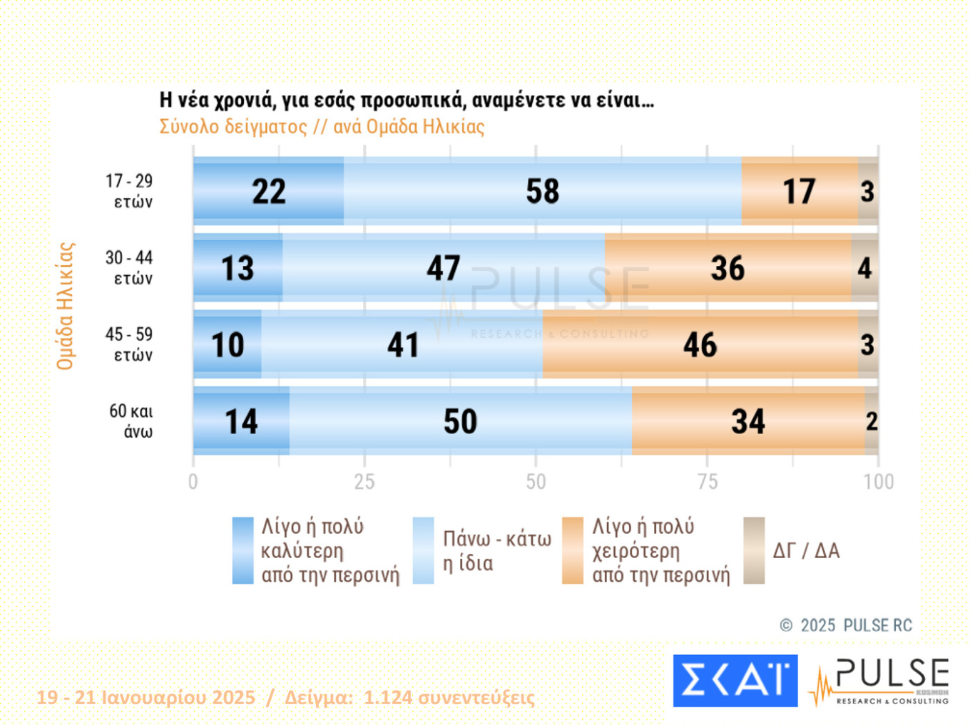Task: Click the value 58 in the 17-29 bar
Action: click(x=543, y=191)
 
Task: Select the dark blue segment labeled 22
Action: click(x=268, y=191)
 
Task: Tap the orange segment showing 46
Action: click(x=700, y=345)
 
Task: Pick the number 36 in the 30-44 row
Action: click(x=727, y=268)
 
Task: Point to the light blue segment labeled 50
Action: click(x=460, y=421)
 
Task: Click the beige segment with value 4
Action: click(x=864, y=268)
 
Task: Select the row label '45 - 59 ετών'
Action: click(x=129, y=344)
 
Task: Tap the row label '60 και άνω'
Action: click(x=131, y=421)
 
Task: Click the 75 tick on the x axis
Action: click(x=707, y=482)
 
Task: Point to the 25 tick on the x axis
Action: click(x=364, y=482)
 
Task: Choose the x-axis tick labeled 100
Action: click(x=878, y=482)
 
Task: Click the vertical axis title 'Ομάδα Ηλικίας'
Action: click(x=66, y=306)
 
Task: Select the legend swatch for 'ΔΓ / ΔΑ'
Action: click(x=754, y=550)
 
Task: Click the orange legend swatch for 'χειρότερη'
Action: click(x=572, y=550)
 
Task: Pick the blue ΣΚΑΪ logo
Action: click(x=735, y=681)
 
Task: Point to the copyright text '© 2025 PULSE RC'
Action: click(x=846, y=625)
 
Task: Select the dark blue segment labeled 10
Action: click(x=228, y=345)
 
